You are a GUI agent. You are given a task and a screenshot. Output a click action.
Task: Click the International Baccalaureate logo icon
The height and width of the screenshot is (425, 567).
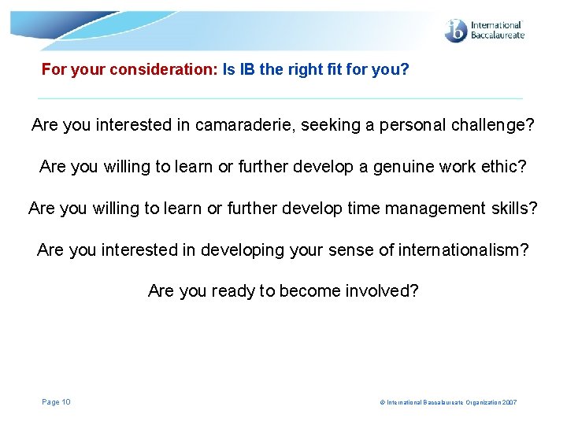[x=456, y=31]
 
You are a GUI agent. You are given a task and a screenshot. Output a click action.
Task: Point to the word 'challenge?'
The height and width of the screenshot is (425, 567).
[x=495, y=125]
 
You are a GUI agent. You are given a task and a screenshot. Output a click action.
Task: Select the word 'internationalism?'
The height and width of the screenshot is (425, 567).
[x=463, y=250]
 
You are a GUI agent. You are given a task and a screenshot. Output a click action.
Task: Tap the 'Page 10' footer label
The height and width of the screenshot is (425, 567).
[x=56, y=402]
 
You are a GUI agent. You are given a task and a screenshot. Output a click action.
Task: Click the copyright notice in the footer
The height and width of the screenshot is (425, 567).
[x=448, y=403]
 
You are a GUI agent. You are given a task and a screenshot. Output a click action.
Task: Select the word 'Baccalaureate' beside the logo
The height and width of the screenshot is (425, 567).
[x=496, y=35]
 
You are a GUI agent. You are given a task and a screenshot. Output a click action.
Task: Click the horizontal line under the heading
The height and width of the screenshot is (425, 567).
[x=280, y=98]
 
